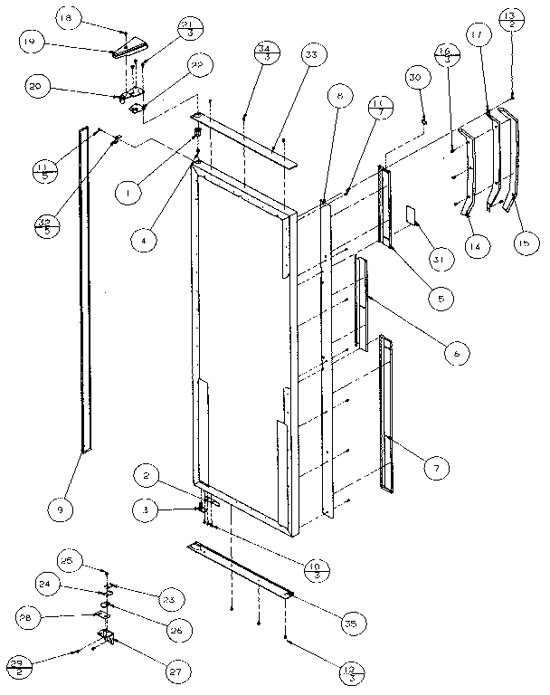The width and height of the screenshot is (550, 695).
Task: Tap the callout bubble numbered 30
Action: pos(414,79)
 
